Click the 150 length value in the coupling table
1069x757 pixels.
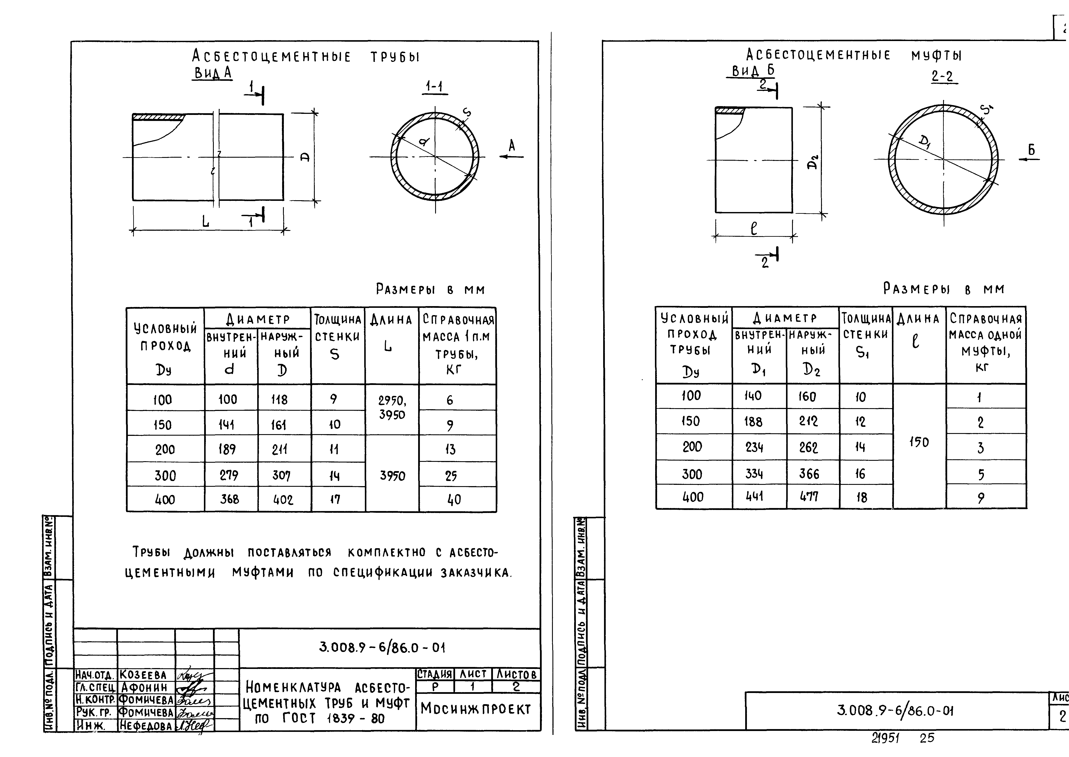[x=919, y=442]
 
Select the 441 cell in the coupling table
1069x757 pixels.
[x=754, y=496]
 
